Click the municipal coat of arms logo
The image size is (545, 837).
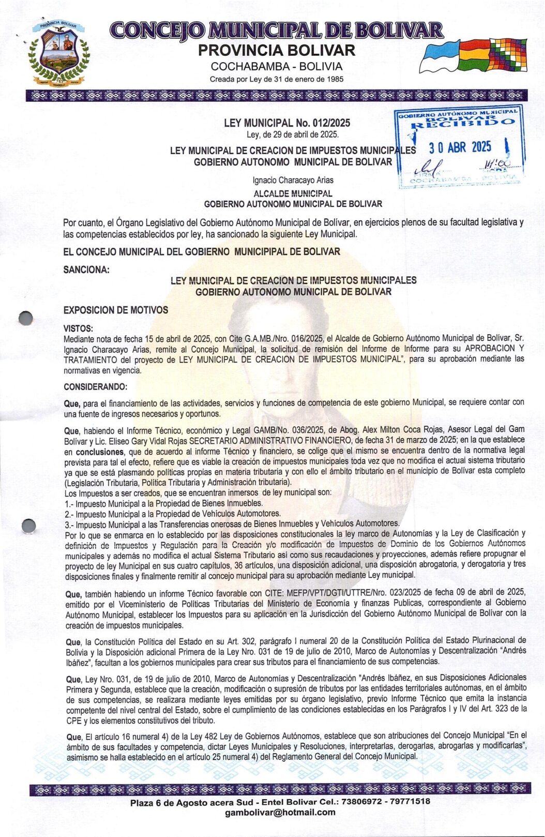58,52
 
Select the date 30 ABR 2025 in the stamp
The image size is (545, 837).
460,147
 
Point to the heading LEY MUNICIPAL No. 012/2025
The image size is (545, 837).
287,123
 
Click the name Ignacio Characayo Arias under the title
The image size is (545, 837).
293,180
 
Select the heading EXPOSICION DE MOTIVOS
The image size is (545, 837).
116,310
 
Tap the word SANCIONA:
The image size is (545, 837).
86,270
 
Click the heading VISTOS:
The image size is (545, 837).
78,328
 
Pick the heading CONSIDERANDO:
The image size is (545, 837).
95,386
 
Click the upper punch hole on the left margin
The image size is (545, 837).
25,318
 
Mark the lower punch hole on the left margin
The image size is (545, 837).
29,526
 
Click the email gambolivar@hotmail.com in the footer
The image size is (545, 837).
280,812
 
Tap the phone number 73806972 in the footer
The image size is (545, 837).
371,801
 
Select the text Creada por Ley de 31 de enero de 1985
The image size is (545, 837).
276,79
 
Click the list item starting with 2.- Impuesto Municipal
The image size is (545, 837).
173,514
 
